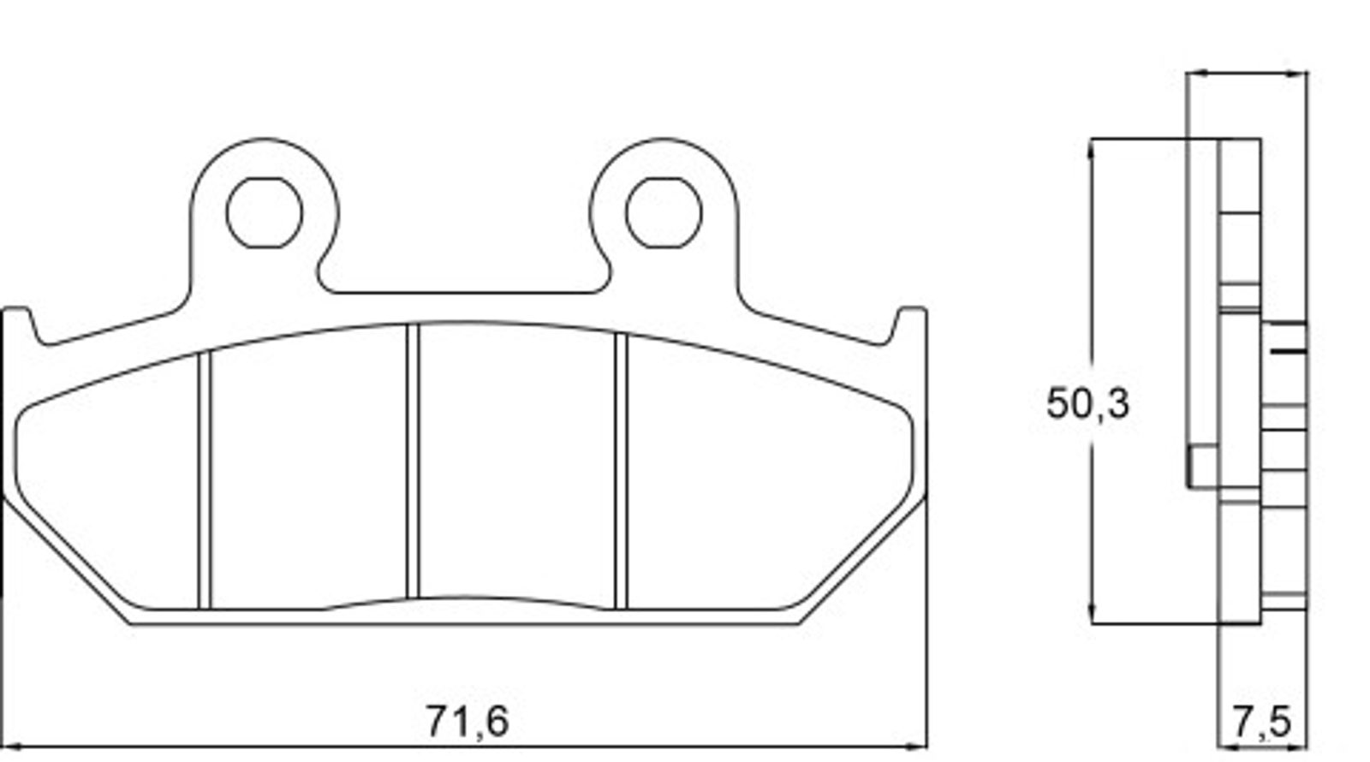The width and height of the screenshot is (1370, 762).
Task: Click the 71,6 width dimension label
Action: click(467, 722)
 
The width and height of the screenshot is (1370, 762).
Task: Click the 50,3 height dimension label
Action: click(1087, 404)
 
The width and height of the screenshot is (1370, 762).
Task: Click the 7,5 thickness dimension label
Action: click(1261, 722)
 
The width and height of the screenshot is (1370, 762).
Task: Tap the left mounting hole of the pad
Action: click(265, 213)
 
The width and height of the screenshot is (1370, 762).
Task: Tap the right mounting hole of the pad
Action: click(664, 213)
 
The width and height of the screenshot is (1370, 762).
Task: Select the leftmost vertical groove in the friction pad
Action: click(205, 480)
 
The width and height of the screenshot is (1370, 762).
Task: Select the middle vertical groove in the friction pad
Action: click(413, 461)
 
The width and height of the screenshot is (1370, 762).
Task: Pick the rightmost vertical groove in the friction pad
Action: click(621, 472)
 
